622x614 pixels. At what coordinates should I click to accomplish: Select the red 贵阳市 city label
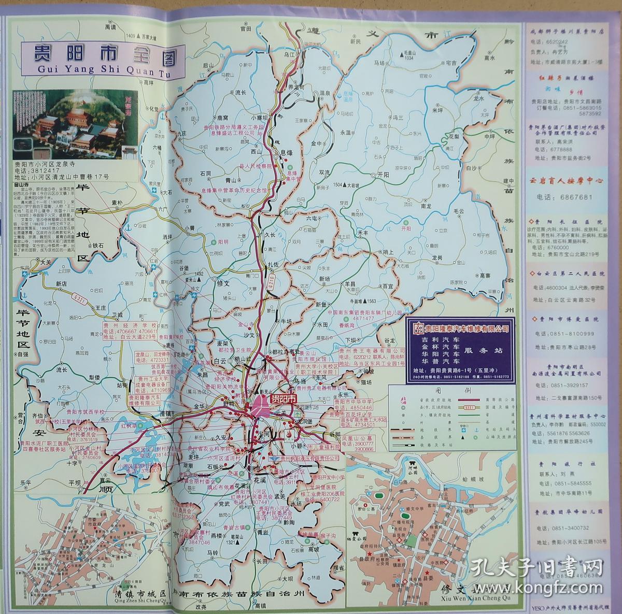coord(284,399)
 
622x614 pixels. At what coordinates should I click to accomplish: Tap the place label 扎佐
coord(273,264)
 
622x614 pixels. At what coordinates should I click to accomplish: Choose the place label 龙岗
coord(436,258)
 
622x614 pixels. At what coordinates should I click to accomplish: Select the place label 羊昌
coord(350,284)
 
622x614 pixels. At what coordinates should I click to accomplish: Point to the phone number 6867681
coord(575,197)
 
